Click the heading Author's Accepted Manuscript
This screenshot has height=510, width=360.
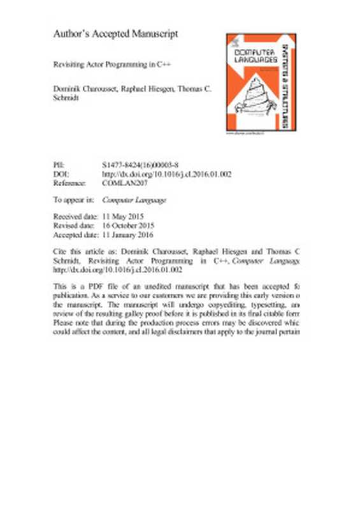coord(115,33)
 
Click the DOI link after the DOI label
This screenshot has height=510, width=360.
coord(167,173)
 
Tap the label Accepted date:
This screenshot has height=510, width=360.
coord(76,235)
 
